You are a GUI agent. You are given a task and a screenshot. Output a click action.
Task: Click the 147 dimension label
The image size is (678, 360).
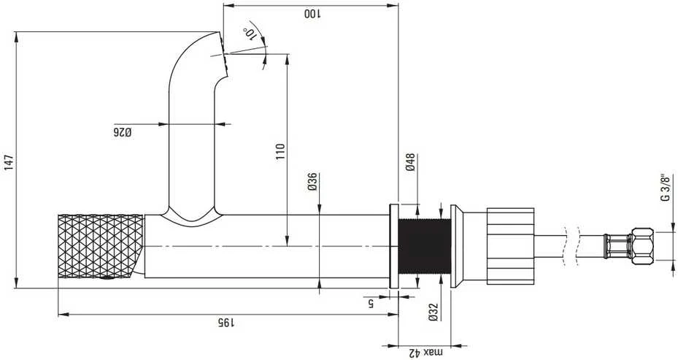[9, 162]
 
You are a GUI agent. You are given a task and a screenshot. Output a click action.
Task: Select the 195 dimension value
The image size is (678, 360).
[226, 322]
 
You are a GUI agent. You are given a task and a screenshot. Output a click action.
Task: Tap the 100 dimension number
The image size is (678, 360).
[312, 13]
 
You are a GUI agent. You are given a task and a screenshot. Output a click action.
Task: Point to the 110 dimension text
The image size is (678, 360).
[281, 152]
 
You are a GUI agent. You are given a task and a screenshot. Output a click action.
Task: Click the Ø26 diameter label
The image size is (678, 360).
[123, 132]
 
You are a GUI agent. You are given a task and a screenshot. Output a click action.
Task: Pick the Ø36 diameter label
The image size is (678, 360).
[312, 182]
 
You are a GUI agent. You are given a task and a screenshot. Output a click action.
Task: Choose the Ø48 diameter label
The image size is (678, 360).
[410, 162]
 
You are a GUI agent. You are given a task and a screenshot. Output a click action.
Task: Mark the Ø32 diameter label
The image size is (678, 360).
[434, 312]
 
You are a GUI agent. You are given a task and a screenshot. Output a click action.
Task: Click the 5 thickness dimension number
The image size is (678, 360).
[371, 304]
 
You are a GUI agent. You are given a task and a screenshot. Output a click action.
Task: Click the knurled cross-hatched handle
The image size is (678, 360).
[101, 246]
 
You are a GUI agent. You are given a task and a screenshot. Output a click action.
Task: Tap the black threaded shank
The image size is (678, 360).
[424, 246]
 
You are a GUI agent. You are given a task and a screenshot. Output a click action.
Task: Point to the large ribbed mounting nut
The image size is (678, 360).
[510, 246]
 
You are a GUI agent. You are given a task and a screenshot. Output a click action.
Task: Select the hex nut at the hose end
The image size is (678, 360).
[642, 246]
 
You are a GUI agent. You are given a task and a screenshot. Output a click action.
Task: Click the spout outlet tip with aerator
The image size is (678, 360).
[223, 54]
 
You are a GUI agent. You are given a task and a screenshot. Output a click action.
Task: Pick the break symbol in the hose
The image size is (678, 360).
[571, 246]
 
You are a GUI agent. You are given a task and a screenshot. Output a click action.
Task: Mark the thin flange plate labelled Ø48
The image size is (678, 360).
[394, 246]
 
